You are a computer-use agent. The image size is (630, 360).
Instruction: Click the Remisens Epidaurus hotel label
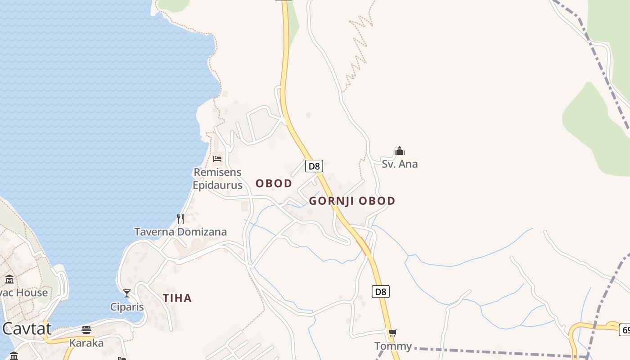[x=217, y=179]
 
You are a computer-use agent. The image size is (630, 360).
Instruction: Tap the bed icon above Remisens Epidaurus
[x=217, y=159]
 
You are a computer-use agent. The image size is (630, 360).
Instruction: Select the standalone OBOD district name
[x=274, y=184]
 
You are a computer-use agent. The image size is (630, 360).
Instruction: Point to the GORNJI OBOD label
[x=352, y=201]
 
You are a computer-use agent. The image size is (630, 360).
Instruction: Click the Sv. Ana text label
[x=400, y=164]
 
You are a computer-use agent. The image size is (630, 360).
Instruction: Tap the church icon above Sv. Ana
[x=400, y=151]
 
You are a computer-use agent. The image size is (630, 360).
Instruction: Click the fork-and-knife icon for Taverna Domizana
[x=180, y=219]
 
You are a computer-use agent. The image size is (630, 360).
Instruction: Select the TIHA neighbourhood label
[x=177, y=298]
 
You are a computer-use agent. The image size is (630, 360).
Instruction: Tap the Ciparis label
[x=127, y=307]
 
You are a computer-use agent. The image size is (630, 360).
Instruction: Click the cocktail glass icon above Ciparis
[x=127, y=293]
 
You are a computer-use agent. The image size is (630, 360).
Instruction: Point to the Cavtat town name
[x=27, y=329]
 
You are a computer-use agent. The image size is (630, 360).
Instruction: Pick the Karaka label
[x=86, y=343]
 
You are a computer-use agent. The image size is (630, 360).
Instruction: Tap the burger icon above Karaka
[x=86, y=330]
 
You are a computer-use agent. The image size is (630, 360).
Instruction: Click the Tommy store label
[x=393, y=346]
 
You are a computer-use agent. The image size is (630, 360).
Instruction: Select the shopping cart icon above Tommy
[x=393, y=333]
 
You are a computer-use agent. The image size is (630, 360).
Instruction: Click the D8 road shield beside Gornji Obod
[x=314, y=166]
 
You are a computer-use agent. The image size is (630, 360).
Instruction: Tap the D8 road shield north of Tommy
[x=381, y=292]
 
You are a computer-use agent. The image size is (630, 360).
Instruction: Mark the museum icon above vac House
[x=9, y=279]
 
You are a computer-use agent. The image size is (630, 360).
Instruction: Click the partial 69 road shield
[x=625, y=330]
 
